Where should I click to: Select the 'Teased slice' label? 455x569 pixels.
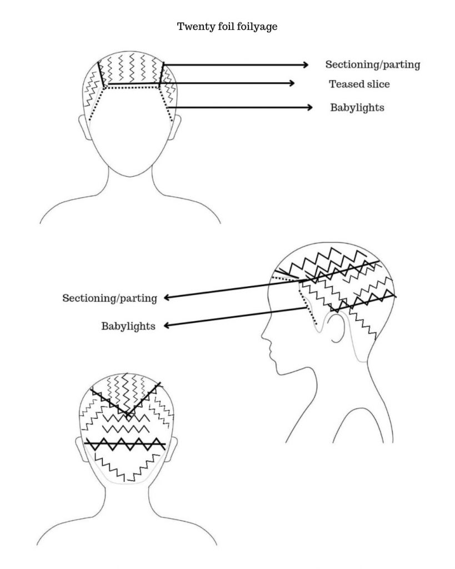tap(359, 84)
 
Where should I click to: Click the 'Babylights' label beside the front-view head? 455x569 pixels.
tap(357, 107)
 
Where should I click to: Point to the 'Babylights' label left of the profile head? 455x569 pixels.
tap(128, 326)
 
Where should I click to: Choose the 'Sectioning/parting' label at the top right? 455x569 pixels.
tap(372, 64)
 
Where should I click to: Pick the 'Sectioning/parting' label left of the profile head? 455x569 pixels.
tap(109, 298)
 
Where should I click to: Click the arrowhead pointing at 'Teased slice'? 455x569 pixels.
tap(291, 83)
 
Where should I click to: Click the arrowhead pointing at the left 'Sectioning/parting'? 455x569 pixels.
tap(167, 298)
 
